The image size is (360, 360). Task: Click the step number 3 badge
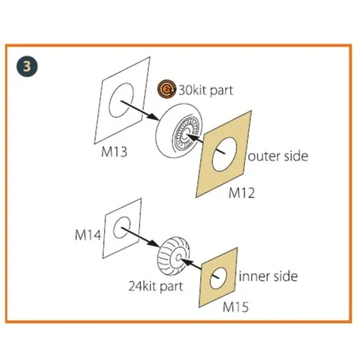tap(27, 66)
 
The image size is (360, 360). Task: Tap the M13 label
tap(114, 152)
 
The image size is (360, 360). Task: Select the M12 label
tap(242, 193)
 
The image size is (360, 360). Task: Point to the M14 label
tap(88, 235)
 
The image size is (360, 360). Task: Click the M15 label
tap(235, 307)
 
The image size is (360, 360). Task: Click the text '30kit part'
tap(206, 90)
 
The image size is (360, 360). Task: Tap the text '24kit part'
tap(155, 286)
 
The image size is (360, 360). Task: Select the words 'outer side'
tap(278, 157)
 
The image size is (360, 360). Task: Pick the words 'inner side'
tap(268, 276)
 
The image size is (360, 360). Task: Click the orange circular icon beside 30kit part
tap(167, 89)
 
